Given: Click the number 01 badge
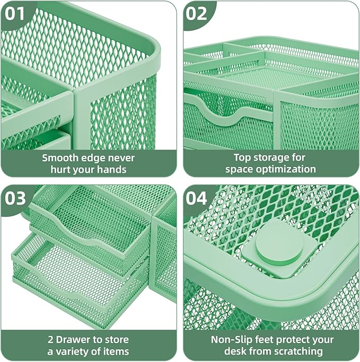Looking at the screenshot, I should tap(15, 13).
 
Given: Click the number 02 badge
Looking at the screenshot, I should tap(197, 13).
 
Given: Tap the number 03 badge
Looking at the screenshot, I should tap(15, 198).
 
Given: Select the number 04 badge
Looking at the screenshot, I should tap(197, 198).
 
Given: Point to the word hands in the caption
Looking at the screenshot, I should tap(112, 169).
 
